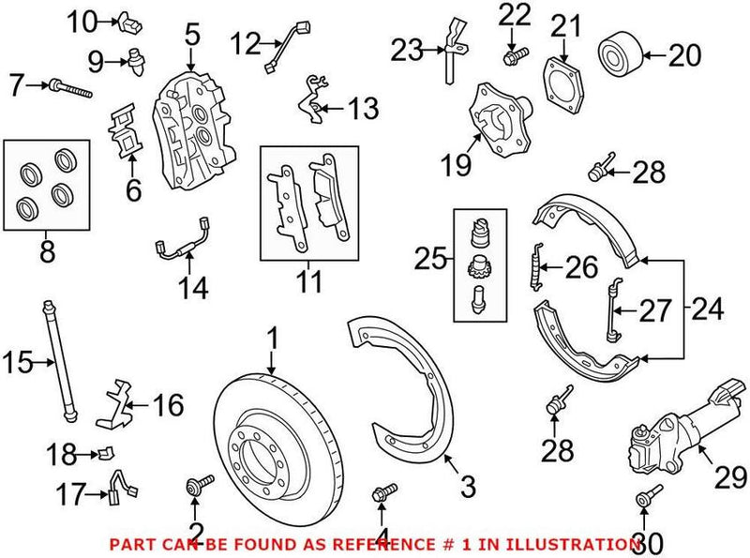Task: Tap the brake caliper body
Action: pos(191,131)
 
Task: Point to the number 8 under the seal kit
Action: pos(46,251)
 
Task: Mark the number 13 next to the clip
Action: pos(362,109)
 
